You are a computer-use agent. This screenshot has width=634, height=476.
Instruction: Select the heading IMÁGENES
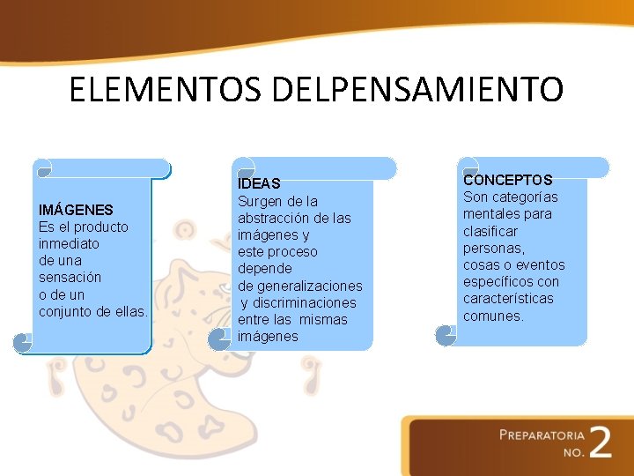[x=76, y=210]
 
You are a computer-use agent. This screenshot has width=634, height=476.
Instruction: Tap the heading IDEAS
[x=259, y=183]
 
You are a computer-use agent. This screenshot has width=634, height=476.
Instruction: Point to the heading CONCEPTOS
[x=508, y=180]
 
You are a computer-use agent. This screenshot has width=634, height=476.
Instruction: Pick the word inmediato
[x=70, y=243]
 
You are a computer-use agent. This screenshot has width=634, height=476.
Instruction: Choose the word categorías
[x=525, y=197]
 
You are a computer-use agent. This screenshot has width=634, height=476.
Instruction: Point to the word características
[x=508, y=299]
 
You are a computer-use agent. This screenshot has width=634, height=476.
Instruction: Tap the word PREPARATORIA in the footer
[x=542, y=435]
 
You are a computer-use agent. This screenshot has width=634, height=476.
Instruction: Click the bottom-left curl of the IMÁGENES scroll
[x=23, y=343]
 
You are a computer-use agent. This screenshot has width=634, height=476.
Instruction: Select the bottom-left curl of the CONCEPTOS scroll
[x=446, y=335]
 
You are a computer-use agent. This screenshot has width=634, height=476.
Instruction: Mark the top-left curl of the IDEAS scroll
[x=242, y=168]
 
